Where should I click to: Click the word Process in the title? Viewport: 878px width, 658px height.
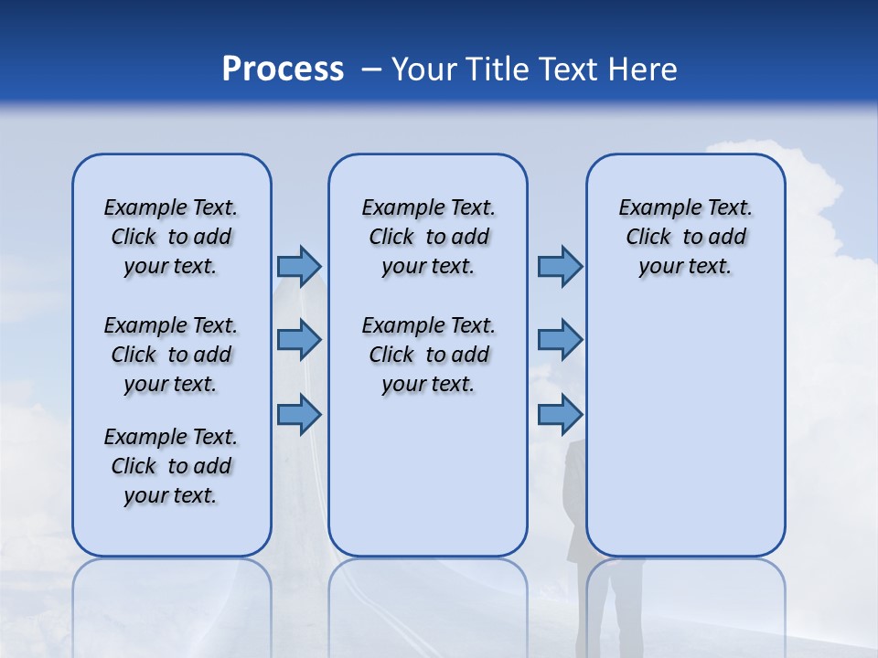click(283, 69)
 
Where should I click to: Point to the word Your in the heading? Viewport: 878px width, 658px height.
click(425, 69)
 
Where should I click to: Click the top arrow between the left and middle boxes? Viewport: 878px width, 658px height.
click(299, 266)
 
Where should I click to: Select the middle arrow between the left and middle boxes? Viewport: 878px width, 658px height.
click(299, 341)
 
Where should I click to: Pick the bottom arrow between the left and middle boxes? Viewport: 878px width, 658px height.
click(299, 415)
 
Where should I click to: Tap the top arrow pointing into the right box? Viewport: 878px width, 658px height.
click(560, 266)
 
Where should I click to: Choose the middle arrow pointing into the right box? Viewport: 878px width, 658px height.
click(560, 341)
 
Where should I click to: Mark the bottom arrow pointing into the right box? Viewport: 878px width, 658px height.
click(560, 415)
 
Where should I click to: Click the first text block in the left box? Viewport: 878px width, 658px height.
click(171, 237)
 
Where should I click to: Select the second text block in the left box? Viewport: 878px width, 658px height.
click(171, 355)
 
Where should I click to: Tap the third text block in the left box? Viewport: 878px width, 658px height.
click(171, 466)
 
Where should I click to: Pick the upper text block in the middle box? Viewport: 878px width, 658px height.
click(428, 237)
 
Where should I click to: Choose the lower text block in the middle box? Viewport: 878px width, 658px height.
click(428, 355)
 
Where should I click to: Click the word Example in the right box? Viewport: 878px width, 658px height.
click(653, 207)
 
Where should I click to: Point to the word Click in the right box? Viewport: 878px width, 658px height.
click(648, 237)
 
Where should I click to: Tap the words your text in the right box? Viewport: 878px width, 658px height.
click(685, 266)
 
